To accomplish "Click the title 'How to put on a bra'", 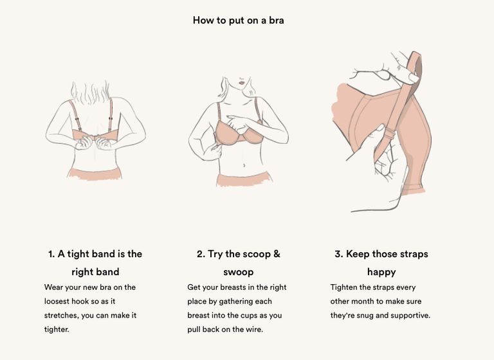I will [238, 20].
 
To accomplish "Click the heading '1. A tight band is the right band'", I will [95, 262].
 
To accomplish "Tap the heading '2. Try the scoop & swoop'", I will [238, 262].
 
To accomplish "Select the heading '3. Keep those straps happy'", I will [381, 262].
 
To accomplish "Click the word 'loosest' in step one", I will [60, 301].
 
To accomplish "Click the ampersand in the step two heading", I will [277, 254].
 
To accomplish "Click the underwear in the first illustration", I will [95, 172].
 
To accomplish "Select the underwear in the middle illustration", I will [239, 179].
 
